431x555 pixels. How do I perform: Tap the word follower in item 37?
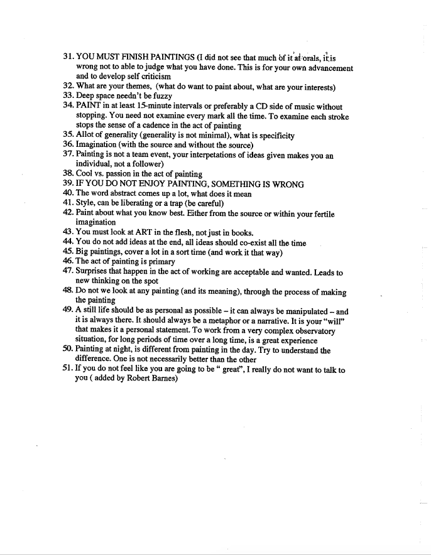click(145, 164)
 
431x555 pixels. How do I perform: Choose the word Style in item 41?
click(88, 203)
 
